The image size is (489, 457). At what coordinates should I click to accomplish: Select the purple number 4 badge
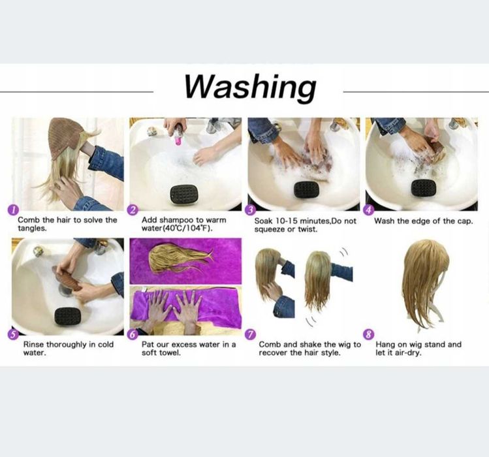click(369, 210)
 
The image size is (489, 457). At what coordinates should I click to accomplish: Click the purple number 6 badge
click(133, 335)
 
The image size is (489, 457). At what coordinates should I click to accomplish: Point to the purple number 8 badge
click(369, 335)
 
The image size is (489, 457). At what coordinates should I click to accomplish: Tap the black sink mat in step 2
click(184, 193)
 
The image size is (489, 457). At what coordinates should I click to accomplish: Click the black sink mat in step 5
click(68, 317)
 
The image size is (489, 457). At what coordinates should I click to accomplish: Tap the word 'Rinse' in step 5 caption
click(34, 345)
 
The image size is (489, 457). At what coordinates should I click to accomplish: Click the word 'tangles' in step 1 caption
click(32, 228)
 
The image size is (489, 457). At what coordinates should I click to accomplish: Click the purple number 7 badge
click(250, 335)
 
